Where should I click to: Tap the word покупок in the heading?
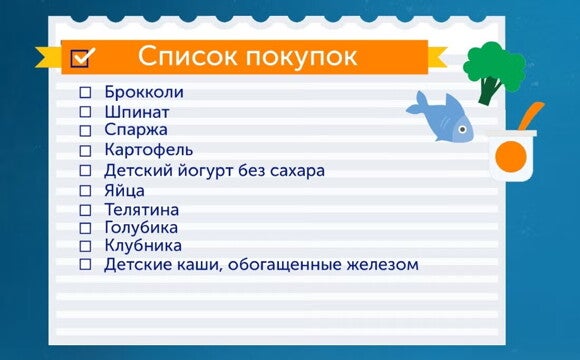click(x=303, y=57)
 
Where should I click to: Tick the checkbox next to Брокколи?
click(x=85, y=92)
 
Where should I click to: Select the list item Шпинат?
click(x=136, y=111)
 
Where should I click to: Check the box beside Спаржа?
click(x=85, y=130)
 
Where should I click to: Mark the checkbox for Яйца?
click(x=85, y=189)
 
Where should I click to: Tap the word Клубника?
click(x=143, y=245)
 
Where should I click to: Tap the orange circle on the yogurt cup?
click(x=511, y=157)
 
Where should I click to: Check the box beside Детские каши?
click(x=85, y=265)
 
